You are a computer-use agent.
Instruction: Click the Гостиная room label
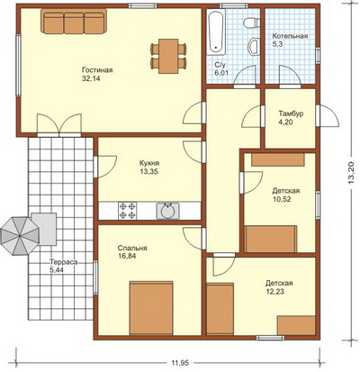[97, 70]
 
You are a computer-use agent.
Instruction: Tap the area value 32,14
[91, 78]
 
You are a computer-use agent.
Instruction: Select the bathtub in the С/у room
[216, 32]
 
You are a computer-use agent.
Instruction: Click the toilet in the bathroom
[252, 23]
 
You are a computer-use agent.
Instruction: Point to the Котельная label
[290, 36]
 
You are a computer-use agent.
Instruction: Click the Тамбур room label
[291, 114]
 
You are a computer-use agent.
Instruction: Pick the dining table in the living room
[168, 56]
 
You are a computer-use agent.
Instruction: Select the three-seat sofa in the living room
[74, 21]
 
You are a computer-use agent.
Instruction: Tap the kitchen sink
[167, 211]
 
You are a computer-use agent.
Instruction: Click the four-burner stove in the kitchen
[128, 211]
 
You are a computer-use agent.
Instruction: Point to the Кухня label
[149, 163]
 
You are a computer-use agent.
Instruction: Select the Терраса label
[64, 262]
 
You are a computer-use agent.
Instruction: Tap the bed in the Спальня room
[151, 308]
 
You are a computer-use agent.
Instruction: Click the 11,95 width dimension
[180, 363]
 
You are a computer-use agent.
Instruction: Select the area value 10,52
[282, 199]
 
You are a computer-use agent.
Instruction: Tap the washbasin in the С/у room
[254, 46]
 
